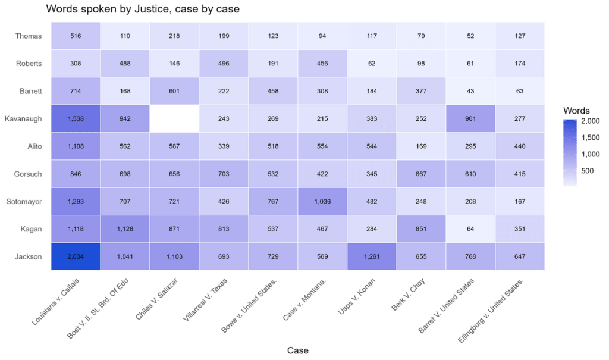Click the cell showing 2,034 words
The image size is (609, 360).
(x=76, y=256)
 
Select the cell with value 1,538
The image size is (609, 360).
(x=76, y=118)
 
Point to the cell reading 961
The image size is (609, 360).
(x=471, y=118)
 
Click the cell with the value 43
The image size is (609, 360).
(x=471, y=91)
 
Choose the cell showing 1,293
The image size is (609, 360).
(x=76, y=201)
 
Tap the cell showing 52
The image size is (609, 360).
(x=471, y=36)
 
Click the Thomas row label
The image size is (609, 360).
(x=29, y=36)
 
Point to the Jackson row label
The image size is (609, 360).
(x=28, y=256)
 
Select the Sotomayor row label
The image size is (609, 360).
(x=26, y=201)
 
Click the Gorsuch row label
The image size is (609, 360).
(x=28, y=174)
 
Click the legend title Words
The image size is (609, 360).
(x=576, y=111)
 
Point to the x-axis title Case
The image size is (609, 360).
(x=297, y=350)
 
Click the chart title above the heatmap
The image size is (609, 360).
(x=143, y=9)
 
